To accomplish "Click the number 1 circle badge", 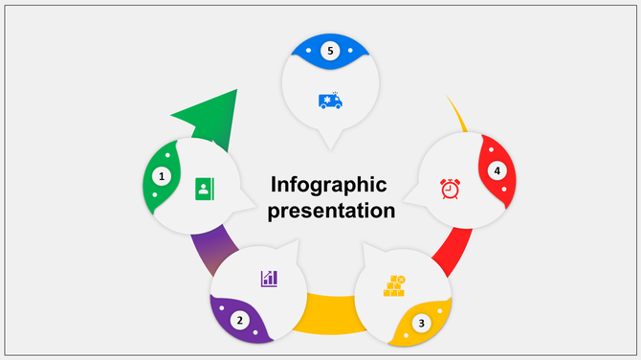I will [162, 176].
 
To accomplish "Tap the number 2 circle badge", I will [240, 321].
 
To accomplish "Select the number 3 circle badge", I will [421, 323].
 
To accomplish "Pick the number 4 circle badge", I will [497, 170].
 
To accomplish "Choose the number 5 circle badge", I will [330, 50].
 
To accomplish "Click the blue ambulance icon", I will [330, 100].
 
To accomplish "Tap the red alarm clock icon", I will [450, 189].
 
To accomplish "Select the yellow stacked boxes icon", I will [394, 285].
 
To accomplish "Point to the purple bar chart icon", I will [269, 278].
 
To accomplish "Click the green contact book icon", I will [203, 188].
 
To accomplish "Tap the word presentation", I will [331, 211].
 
